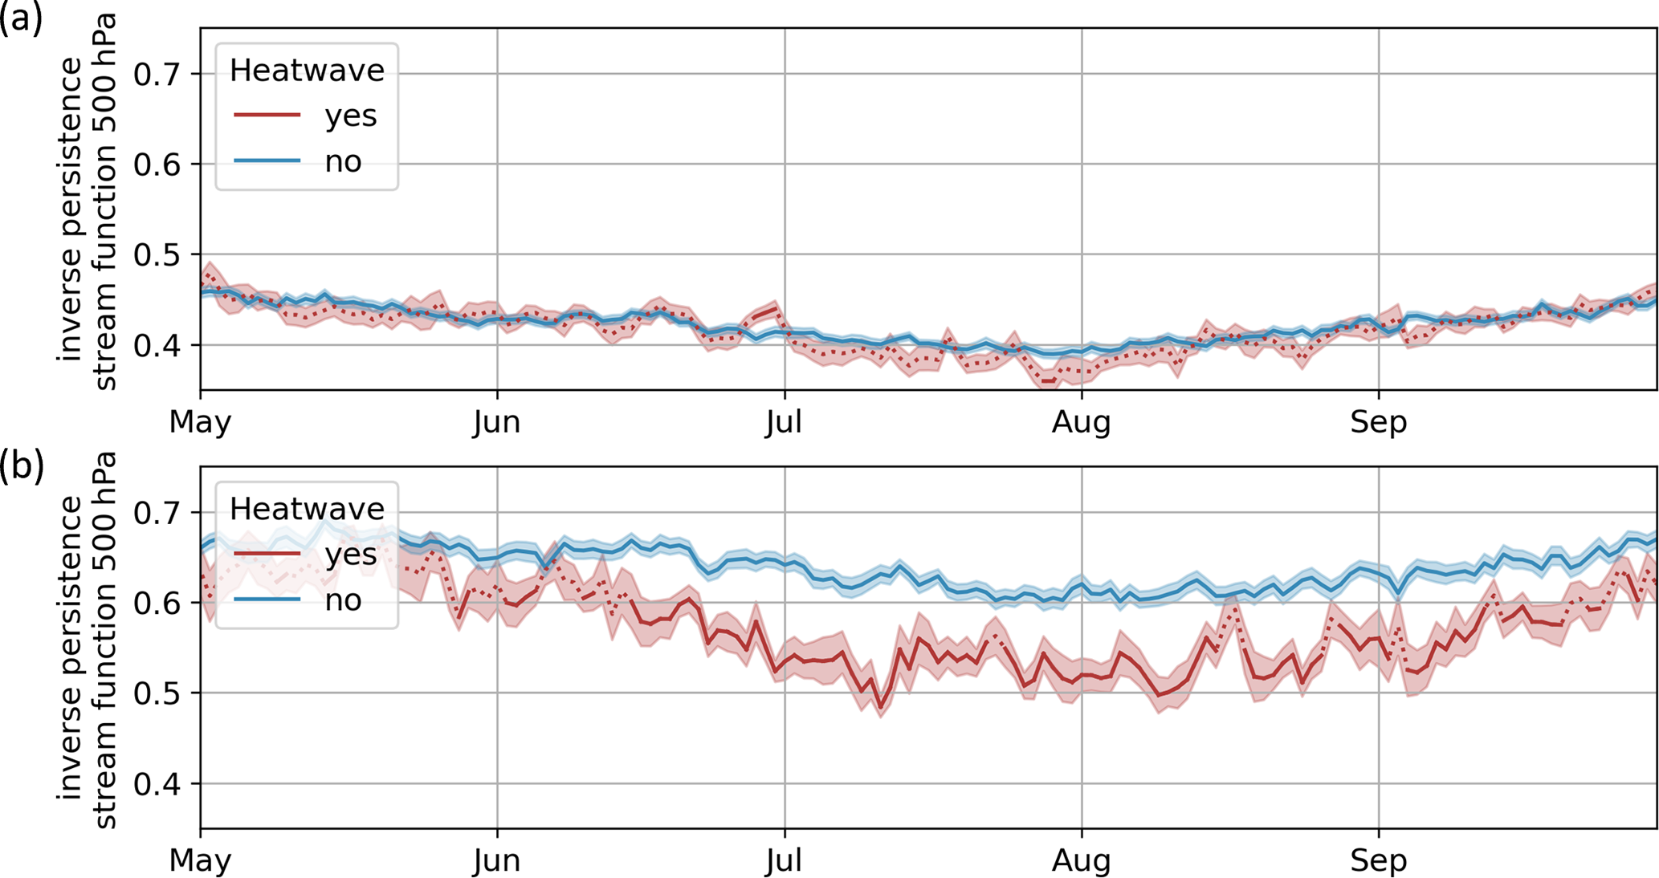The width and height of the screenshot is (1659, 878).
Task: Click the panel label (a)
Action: (21, 18)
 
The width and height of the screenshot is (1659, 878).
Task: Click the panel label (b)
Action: (21, 465)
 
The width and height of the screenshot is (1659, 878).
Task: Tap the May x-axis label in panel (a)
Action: (200, 421)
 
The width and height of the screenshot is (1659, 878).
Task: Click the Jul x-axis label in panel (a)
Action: (784, 421)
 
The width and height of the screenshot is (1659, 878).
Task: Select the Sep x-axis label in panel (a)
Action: (1378, 421)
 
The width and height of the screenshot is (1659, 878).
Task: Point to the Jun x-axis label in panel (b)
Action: (496, 860)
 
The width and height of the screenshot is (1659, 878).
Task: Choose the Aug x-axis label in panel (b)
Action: (1081, 860)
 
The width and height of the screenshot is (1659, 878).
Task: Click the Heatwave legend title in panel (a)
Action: (307, 71)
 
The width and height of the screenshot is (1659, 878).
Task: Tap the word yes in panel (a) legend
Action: (351, 116)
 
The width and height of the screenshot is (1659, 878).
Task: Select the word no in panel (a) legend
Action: (343, 162)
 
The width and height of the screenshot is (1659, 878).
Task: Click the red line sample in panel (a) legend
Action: (267, 116)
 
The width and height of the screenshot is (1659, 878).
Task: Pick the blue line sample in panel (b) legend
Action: (267, 600)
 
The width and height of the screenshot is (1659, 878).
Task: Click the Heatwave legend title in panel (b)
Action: (307, 509)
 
